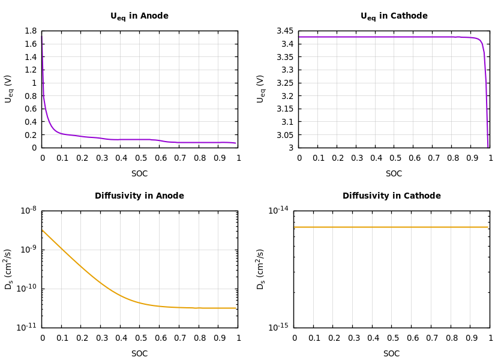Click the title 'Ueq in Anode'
139,16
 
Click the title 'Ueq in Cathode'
394,16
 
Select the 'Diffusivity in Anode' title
139,196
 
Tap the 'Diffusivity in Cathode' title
391,196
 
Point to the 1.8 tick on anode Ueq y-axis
30,31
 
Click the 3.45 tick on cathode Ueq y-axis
285,31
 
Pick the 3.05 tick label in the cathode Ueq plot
285,135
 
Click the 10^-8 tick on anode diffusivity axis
28,210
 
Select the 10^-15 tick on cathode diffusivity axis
278,327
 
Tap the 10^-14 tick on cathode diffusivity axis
278,210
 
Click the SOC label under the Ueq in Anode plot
139,174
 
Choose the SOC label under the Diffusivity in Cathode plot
391,354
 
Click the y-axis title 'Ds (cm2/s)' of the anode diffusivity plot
9,269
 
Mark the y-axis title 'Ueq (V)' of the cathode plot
261,89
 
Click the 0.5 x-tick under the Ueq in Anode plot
140,158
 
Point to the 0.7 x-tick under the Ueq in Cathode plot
433,158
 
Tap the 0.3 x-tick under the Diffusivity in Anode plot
100,338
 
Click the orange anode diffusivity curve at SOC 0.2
81,266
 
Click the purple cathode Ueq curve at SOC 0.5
395,37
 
